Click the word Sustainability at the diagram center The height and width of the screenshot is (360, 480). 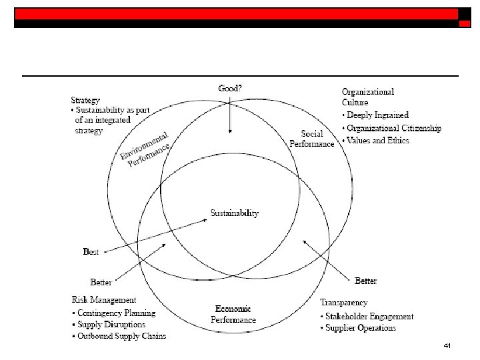[x=235, y=213]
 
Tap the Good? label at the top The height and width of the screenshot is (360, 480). [x=231, y=87]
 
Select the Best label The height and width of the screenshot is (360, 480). [x=91, y=251]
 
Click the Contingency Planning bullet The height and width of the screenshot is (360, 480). [x=116, y=313]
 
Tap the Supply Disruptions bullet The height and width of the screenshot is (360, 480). [x=112, y=325]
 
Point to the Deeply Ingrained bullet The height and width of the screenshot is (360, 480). [x=378, y=115]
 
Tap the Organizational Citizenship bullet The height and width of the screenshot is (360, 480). [x=393, y=128]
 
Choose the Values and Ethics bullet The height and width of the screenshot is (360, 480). [x=378, y=140]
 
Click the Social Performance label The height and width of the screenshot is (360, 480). [x=312, y=139]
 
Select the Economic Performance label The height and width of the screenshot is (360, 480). [x=233, y=314]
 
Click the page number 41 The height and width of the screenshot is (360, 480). [x=447, y=346]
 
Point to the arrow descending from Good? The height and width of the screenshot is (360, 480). [x=230, y=113]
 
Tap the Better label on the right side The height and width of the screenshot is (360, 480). [x=366, y=281]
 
